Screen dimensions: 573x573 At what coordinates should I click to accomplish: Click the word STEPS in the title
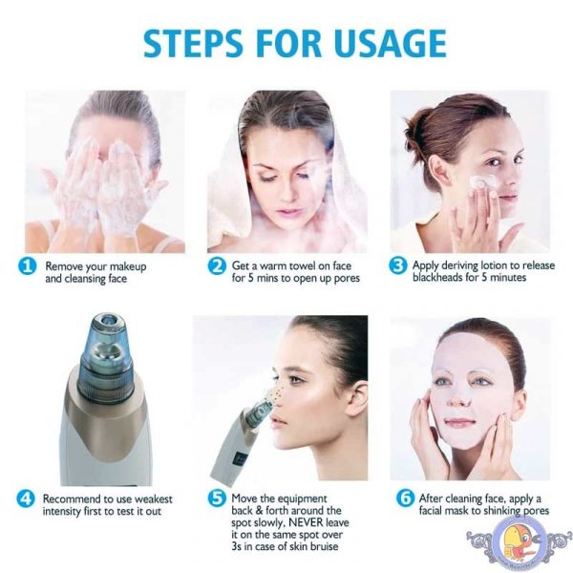click(193, 43)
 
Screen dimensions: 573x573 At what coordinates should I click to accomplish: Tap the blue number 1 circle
click(27, 266)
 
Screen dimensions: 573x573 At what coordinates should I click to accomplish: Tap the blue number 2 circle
click(217, 265)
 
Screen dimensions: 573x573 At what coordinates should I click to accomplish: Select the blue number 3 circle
click(398, 265)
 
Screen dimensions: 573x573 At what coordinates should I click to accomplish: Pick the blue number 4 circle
click(26, 499)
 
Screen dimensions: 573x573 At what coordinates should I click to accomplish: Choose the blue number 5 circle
click(217, 499)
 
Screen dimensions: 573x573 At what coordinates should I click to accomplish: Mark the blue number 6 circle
click(405, 499)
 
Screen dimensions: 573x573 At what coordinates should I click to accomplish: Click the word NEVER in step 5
click(306, 522)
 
